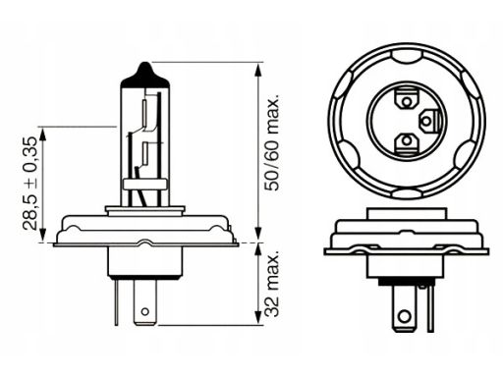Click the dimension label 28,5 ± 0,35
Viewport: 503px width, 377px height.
(x=30, y=184)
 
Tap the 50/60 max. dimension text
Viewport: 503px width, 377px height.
(x=272, y=143)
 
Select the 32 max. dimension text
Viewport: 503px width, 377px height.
(x=272, y=284)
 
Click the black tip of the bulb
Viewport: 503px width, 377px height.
(x=145, y=76)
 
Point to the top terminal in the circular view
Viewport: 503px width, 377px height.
(x=406, y=101)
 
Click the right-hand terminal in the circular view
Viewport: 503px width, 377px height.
(x=428, y=122)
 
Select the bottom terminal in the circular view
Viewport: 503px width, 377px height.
(x=406, y=142)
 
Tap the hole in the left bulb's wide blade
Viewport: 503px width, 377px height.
(x=145, y=311)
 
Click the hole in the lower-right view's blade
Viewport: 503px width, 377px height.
(x=405, y=316)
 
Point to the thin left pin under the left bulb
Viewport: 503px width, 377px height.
(x=117, y=301)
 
